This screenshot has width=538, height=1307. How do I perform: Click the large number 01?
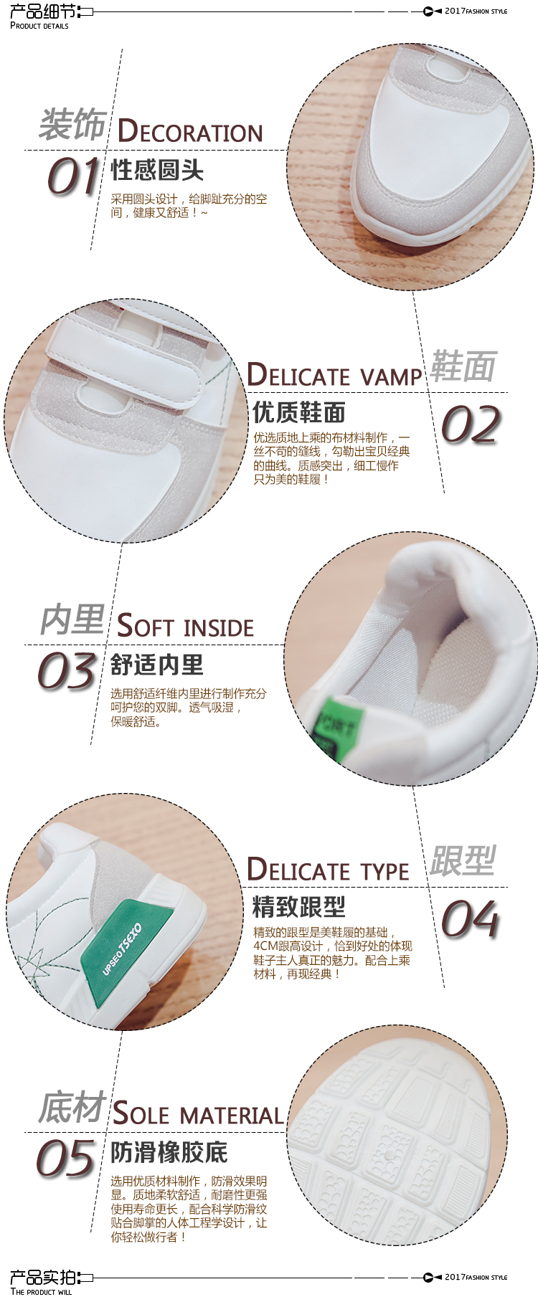(72, 176)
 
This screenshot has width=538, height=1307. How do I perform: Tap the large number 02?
(471, 424)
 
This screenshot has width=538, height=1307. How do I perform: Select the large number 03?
(67, 671)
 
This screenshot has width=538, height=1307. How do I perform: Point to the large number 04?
(471, 919)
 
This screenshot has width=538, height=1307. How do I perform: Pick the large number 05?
(65, 1159)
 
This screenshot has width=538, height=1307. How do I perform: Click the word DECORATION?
(190, 131)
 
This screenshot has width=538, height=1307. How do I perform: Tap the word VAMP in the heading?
(391, 377)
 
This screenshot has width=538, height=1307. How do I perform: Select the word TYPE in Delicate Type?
(385, 872)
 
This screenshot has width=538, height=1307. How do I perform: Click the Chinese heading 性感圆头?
(157, 171)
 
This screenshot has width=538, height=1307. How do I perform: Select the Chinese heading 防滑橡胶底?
(169, 1153)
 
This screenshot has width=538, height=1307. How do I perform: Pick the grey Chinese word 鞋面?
(463, 367)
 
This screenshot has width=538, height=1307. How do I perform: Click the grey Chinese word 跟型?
(463, 860)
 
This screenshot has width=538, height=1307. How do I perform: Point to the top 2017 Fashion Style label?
(476, 11)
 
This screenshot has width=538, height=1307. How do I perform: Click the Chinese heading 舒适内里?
(157, 665)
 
